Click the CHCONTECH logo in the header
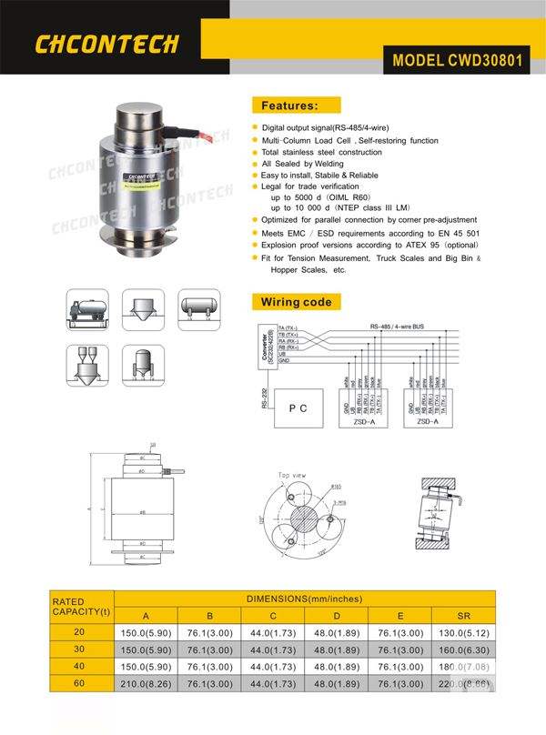pos(106,44)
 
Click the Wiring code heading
pos(296,302)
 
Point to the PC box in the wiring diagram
pos(298,408)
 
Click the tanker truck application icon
pos(88,309)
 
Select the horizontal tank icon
pos(199,309)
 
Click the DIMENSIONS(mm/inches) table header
pos(305,599)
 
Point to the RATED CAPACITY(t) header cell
pos(81,606)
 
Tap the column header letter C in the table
pos(272,613)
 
